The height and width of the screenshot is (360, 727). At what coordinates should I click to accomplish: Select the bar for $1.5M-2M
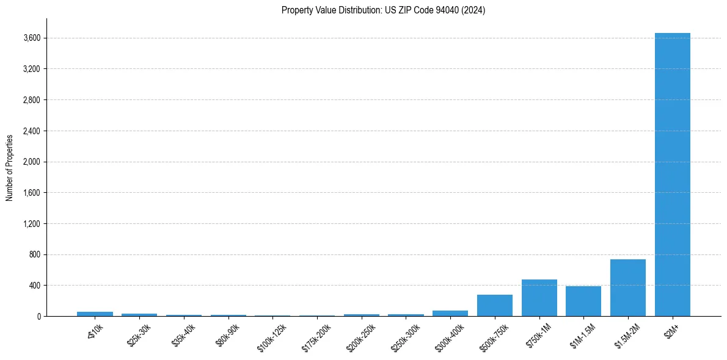click(x=627, y=288)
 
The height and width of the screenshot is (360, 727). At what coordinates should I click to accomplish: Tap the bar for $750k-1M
click(x=539, y=298)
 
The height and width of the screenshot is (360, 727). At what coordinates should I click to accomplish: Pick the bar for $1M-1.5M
click(x=583, y=301)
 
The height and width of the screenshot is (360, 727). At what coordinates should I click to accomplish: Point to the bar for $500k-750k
click(x=494, y=306)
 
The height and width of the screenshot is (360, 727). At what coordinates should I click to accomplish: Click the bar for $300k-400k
click(x=450, y=314)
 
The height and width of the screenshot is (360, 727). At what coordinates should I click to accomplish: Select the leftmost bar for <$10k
click(x=95, y=314)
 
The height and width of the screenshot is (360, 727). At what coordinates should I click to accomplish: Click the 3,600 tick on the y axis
click(x=32, y=38)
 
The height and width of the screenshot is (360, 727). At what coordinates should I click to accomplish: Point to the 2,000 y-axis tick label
click(x=32, y=162)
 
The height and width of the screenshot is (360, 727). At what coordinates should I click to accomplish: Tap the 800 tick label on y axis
click(x=34, y=254)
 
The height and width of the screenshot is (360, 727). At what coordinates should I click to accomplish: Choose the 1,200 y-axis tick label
click(x=32, y=224)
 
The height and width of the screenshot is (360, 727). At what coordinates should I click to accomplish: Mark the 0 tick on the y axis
click(x=38, y=317)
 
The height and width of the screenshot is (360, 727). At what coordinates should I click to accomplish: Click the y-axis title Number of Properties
click(x=10, y=168)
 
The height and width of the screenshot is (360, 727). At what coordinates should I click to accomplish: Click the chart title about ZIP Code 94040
click(x=383, y=10)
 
